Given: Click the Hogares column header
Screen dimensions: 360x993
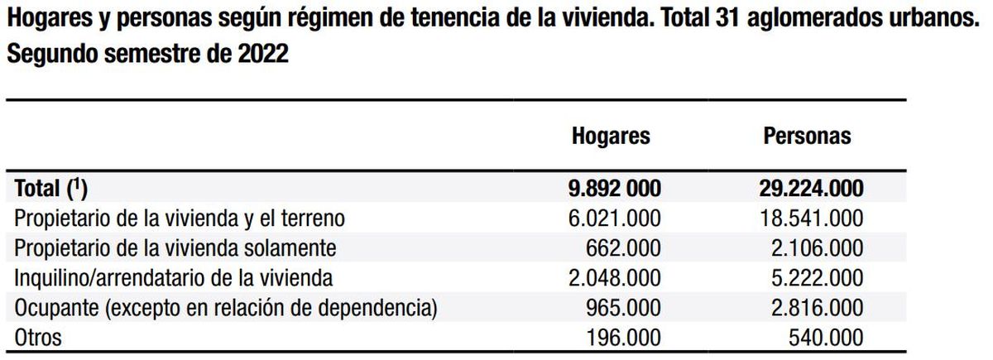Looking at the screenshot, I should pyautogui.click(x=611, y=137).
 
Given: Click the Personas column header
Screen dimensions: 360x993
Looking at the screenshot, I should pyautogui.click(x=807, y=137).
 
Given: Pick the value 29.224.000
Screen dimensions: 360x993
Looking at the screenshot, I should pyautogui.click(x=811, y=189).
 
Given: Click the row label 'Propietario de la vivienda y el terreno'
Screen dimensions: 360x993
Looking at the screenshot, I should pyautogui.click(x=179, y=218).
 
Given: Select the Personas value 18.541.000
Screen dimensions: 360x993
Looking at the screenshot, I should pyautogui.click(x=811, y=218).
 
